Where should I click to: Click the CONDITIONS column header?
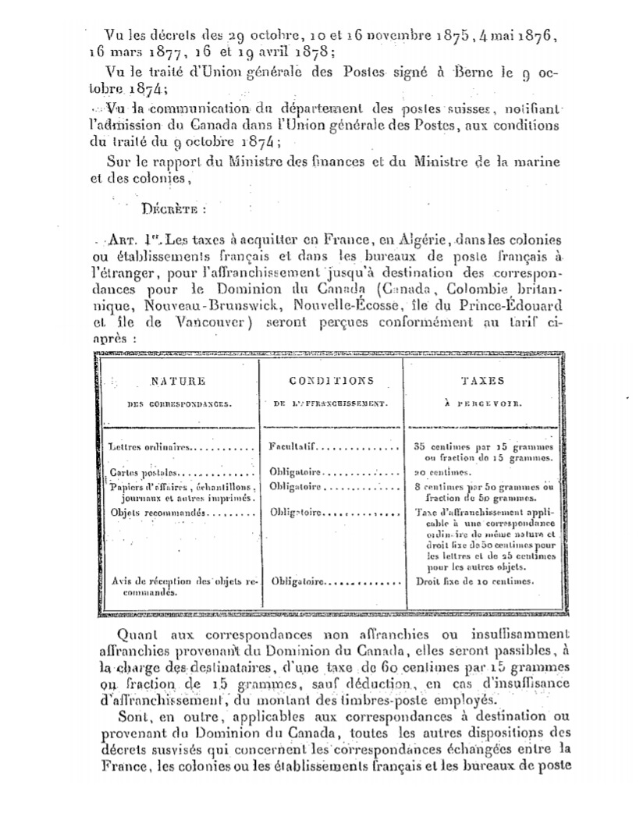331,381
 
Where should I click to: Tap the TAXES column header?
482,381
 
